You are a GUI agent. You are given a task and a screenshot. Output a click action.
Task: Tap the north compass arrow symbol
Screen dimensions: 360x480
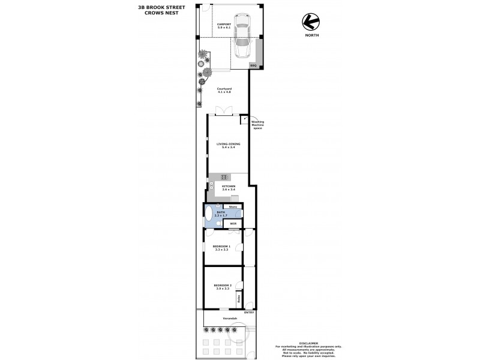click(310, 22)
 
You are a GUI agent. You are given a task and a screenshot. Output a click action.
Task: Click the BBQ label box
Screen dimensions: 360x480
click(253, 65)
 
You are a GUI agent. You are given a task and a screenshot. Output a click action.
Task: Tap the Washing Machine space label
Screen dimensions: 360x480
click(257, 124)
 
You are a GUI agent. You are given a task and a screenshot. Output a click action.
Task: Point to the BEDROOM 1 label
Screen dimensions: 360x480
click(221, 247)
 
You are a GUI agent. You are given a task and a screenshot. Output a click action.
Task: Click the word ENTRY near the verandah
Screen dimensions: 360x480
click(250, 313)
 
